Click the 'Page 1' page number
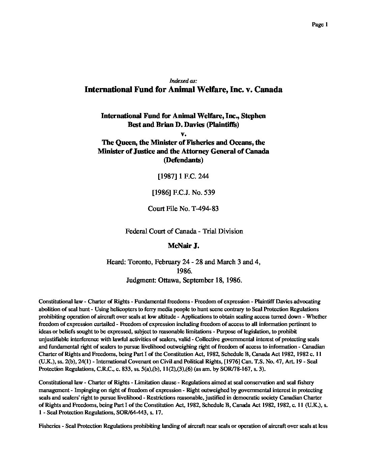320,24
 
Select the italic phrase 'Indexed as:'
183,81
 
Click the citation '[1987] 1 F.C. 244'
183,176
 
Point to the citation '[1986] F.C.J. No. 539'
183,192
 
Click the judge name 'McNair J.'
183,246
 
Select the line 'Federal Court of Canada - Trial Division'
184,231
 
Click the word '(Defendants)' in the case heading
183,160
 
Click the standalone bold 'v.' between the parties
183,134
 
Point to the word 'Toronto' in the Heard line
139,262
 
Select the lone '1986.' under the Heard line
184,271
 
